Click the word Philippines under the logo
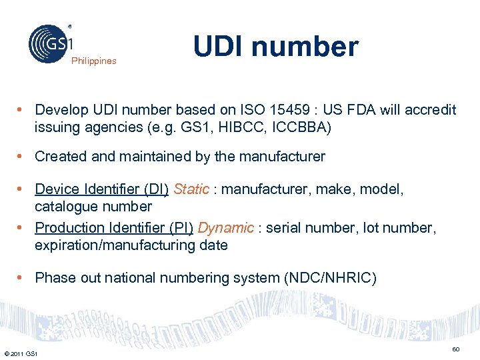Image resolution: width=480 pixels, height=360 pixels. pos(93,61)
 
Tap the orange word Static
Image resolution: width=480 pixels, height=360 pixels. pos(191,189)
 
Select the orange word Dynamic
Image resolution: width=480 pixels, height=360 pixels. pos(225,228)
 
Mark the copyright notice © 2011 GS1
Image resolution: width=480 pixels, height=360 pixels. pos(20,353)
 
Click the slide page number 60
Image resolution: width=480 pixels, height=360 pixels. pos(456,349)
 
